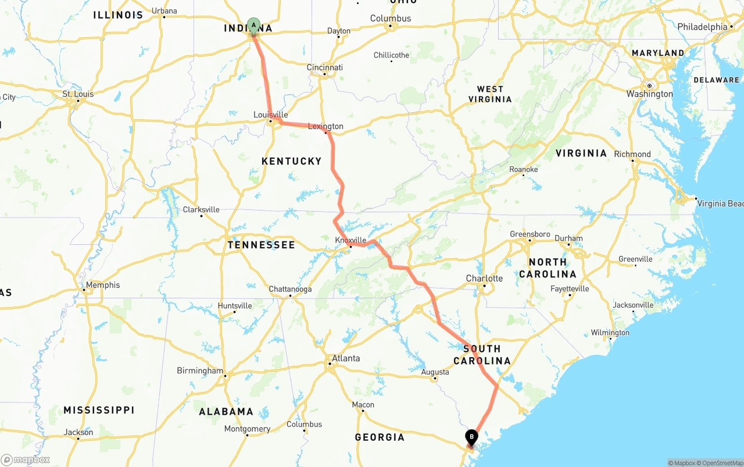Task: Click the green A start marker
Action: [253, 25]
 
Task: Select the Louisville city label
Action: [271, 115]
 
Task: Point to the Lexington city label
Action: [325, 126]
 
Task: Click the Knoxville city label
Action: [350, 240]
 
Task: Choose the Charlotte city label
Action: [484, 278]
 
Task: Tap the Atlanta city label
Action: [346, 358]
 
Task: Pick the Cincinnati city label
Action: [325, 67]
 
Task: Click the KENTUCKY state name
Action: [292, 161]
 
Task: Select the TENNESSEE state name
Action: [262, 245]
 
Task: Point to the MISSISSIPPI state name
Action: [99, 410]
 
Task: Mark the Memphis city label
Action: [102, 285]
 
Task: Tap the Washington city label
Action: [649, 94]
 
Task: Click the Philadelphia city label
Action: [702, 27]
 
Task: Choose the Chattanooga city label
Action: [290, 289]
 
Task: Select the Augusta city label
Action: [435, 372]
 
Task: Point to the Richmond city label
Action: [632, 154]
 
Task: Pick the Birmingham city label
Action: [200, 370]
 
